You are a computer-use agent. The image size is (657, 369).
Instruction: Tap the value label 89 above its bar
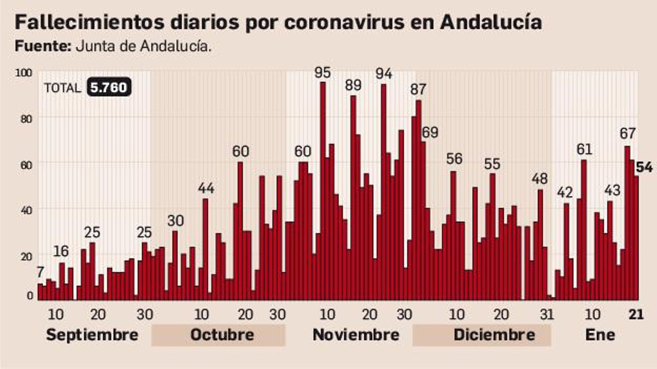point(353,85)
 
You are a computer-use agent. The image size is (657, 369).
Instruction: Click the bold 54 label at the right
point(644,167)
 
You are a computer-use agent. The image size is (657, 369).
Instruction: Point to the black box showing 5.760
point(109,87)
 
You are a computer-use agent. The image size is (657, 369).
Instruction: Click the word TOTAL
point(62,88)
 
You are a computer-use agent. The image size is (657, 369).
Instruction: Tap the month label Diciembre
point(494,335)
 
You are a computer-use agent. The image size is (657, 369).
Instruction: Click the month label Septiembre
point(92,335)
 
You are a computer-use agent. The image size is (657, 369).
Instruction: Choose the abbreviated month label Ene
point(600,335)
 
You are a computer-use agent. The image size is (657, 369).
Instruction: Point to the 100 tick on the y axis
point(23,73)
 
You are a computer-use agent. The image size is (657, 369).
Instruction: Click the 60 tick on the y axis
point(26,165)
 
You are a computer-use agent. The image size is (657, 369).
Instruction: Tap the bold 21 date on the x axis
point(636,314)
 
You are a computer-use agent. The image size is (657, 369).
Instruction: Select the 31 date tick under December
point(547,314)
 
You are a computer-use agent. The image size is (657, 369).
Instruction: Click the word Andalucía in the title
point(491,22)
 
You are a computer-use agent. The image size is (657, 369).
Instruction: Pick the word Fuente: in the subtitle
point(43,46)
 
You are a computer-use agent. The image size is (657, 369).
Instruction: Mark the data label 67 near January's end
point(627,133)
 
